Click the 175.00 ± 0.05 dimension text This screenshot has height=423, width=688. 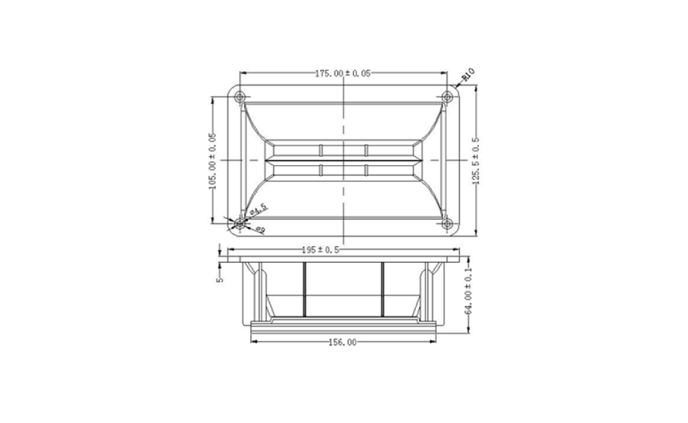pyautogui.click(x=342, y=74)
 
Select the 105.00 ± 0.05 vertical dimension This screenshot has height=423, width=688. pyautogui.click(x=213, y=161)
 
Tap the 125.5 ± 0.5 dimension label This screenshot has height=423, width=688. pyautogui.click(x=476, y=161)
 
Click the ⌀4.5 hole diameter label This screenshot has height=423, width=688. pyautogui.click(x=258, y=209)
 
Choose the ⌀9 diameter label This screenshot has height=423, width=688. pyautogui.click(x=260, y=229)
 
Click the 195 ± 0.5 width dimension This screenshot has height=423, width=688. pyautogui.click(x=320, y=250)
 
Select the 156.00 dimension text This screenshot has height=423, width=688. pyautogui.click(x=342, y=342)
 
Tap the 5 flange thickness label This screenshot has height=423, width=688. pyautogui.click(x=220, y=278)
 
